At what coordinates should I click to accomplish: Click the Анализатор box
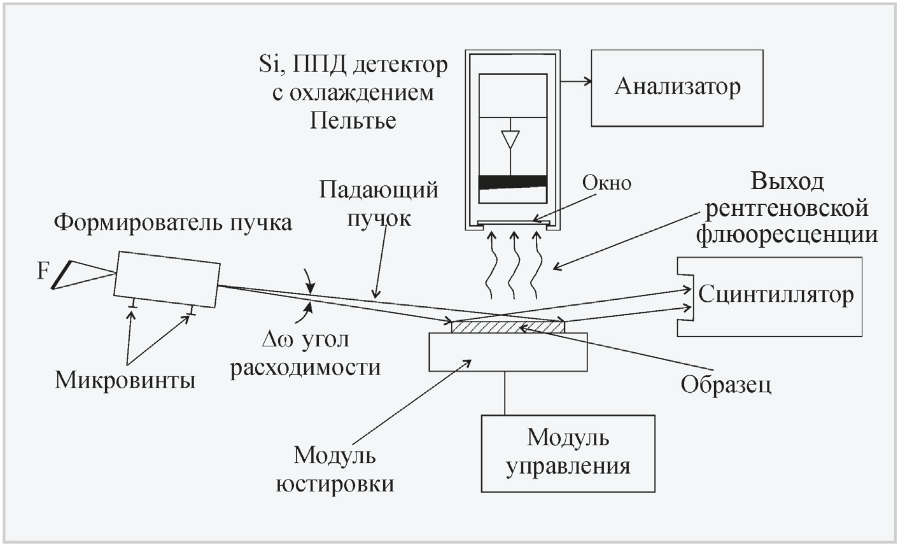pos(677,87)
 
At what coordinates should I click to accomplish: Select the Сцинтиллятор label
pos(775,295)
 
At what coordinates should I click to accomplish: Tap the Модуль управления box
pos(568,453)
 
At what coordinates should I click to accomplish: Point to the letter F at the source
pos(42,272)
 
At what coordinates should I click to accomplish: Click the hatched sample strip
pos(507,327)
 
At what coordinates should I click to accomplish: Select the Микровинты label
pos(125,380)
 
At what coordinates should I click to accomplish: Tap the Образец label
pos(726,384)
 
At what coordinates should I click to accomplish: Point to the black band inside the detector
pos(512,182)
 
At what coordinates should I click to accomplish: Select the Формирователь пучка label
pos(173,223)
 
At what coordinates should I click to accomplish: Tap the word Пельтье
pos(353,120)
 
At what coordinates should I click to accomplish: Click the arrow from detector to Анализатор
pos(577,81)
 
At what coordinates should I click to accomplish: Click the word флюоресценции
pos(787,234)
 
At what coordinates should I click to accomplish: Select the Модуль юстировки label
pos(335,469)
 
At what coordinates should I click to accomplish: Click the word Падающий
pos(379,190)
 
